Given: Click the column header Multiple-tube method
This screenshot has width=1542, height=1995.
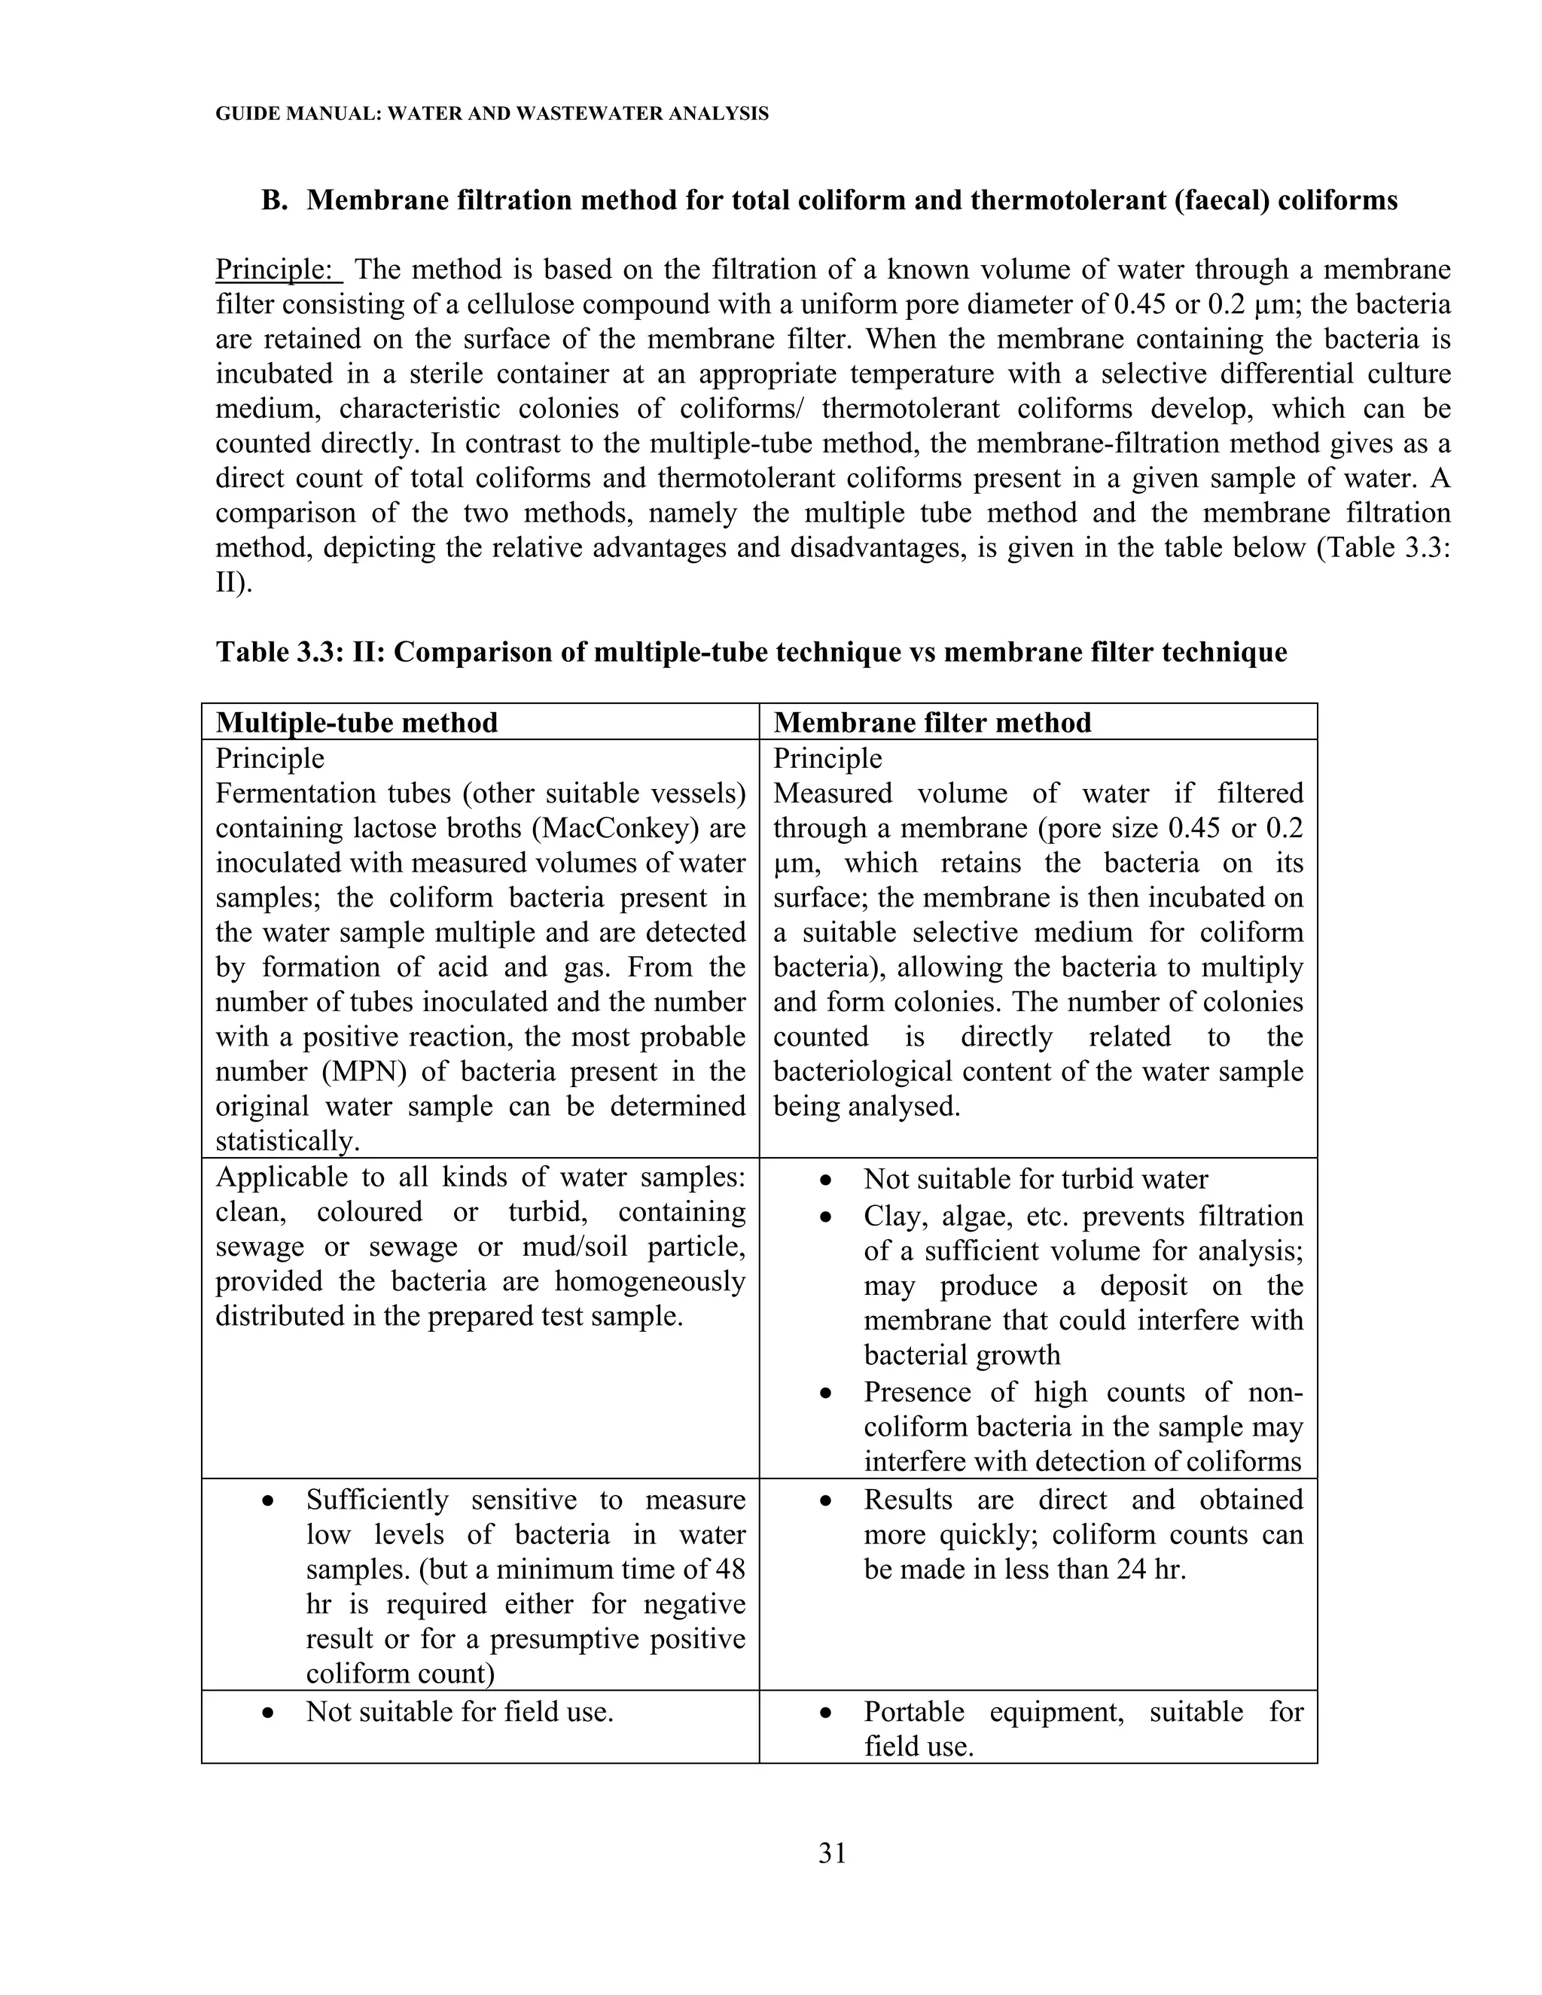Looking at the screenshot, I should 356,723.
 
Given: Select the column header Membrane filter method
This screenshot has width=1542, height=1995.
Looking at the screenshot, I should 932,723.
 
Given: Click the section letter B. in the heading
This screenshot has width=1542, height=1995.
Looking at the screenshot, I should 275,201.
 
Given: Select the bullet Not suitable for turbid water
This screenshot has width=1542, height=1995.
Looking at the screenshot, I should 1035,1179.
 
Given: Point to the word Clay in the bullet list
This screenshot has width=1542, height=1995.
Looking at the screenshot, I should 891,1217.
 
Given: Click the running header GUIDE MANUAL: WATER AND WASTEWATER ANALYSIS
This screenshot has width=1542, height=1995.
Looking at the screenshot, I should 492,114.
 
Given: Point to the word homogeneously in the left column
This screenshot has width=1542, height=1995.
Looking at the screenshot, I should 650,1281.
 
